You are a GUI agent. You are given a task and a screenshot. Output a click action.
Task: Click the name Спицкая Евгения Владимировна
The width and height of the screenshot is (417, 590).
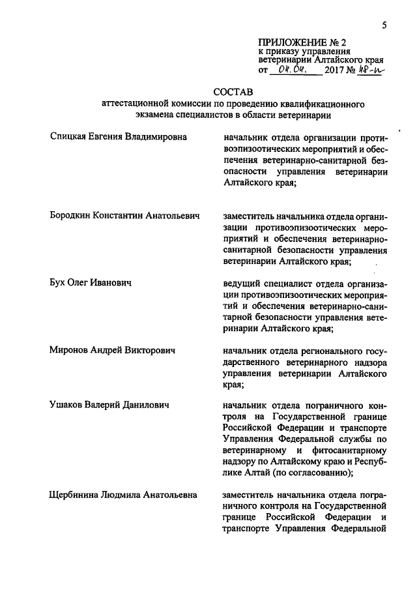[118, 137]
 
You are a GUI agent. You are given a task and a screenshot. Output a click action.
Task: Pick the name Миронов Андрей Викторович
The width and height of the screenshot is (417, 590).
[113, 350]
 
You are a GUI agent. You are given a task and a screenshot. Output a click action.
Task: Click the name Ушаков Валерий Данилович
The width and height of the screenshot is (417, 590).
[109, 405]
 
